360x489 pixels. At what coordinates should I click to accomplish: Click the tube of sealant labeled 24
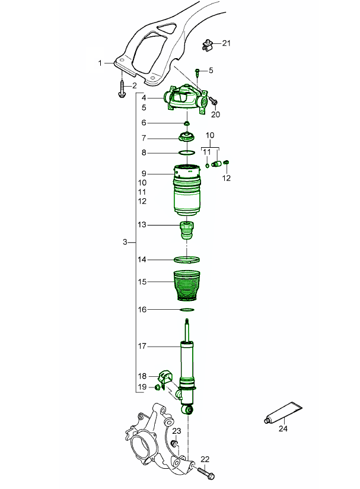click(x=283, y=412)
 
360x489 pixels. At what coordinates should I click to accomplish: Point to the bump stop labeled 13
click(x=187, y=230)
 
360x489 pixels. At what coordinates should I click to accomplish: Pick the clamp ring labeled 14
click(x=187, y=259)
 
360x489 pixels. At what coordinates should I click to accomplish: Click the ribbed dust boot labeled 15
click(x=186, y=286)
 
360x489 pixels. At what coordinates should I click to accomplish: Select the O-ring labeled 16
click(x=187, y=310)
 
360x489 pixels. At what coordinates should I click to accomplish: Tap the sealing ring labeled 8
click(x=187, y=153)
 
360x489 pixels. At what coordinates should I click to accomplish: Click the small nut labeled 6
click(x=187, y=123)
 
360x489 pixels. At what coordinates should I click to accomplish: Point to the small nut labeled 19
click(x=158, y=388)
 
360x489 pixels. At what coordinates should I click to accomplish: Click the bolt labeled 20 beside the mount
click(x=214, y=101)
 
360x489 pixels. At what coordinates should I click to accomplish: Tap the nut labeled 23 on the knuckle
click(x=175, y=444)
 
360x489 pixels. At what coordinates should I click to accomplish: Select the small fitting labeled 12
click(x=227, y=162)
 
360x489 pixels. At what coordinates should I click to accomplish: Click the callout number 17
click(x=142, y=346)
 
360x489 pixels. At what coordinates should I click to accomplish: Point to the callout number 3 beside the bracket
click(x=125, y=242)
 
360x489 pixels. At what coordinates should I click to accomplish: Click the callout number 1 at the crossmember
click(x=100, y=63)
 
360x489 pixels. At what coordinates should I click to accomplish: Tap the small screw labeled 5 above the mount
click(x=197, y=72)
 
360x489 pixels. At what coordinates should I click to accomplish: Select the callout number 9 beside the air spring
click(x=144, y=173)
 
